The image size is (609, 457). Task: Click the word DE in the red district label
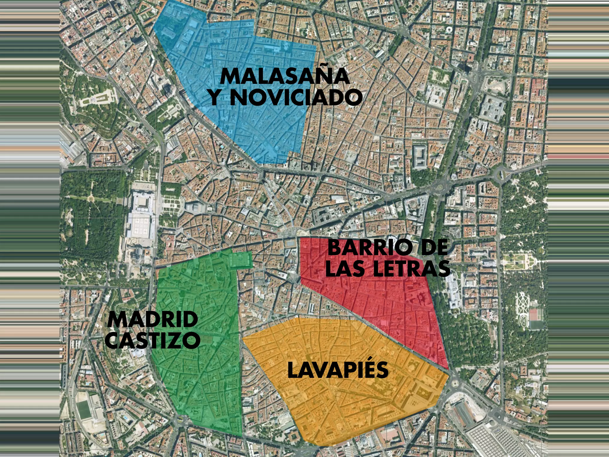coord(434,248)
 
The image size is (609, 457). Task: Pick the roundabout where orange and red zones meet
coord(455,383)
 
